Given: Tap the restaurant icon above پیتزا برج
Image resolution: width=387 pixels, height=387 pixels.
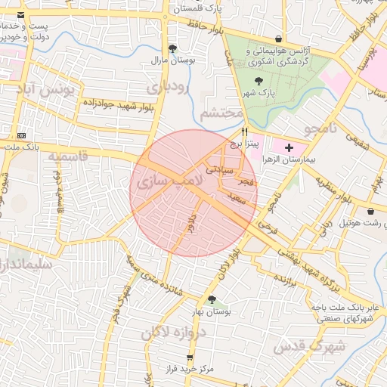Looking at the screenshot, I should coord(245,131).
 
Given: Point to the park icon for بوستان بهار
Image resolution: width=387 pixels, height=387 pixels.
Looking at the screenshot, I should coord(212,300).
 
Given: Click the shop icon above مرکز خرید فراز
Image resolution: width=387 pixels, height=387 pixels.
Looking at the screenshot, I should coord(190,357).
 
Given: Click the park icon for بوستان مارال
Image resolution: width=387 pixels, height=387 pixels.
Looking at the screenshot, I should coord(172,48).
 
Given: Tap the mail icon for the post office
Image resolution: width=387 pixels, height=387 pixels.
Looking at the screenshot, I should coord(20,16).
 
